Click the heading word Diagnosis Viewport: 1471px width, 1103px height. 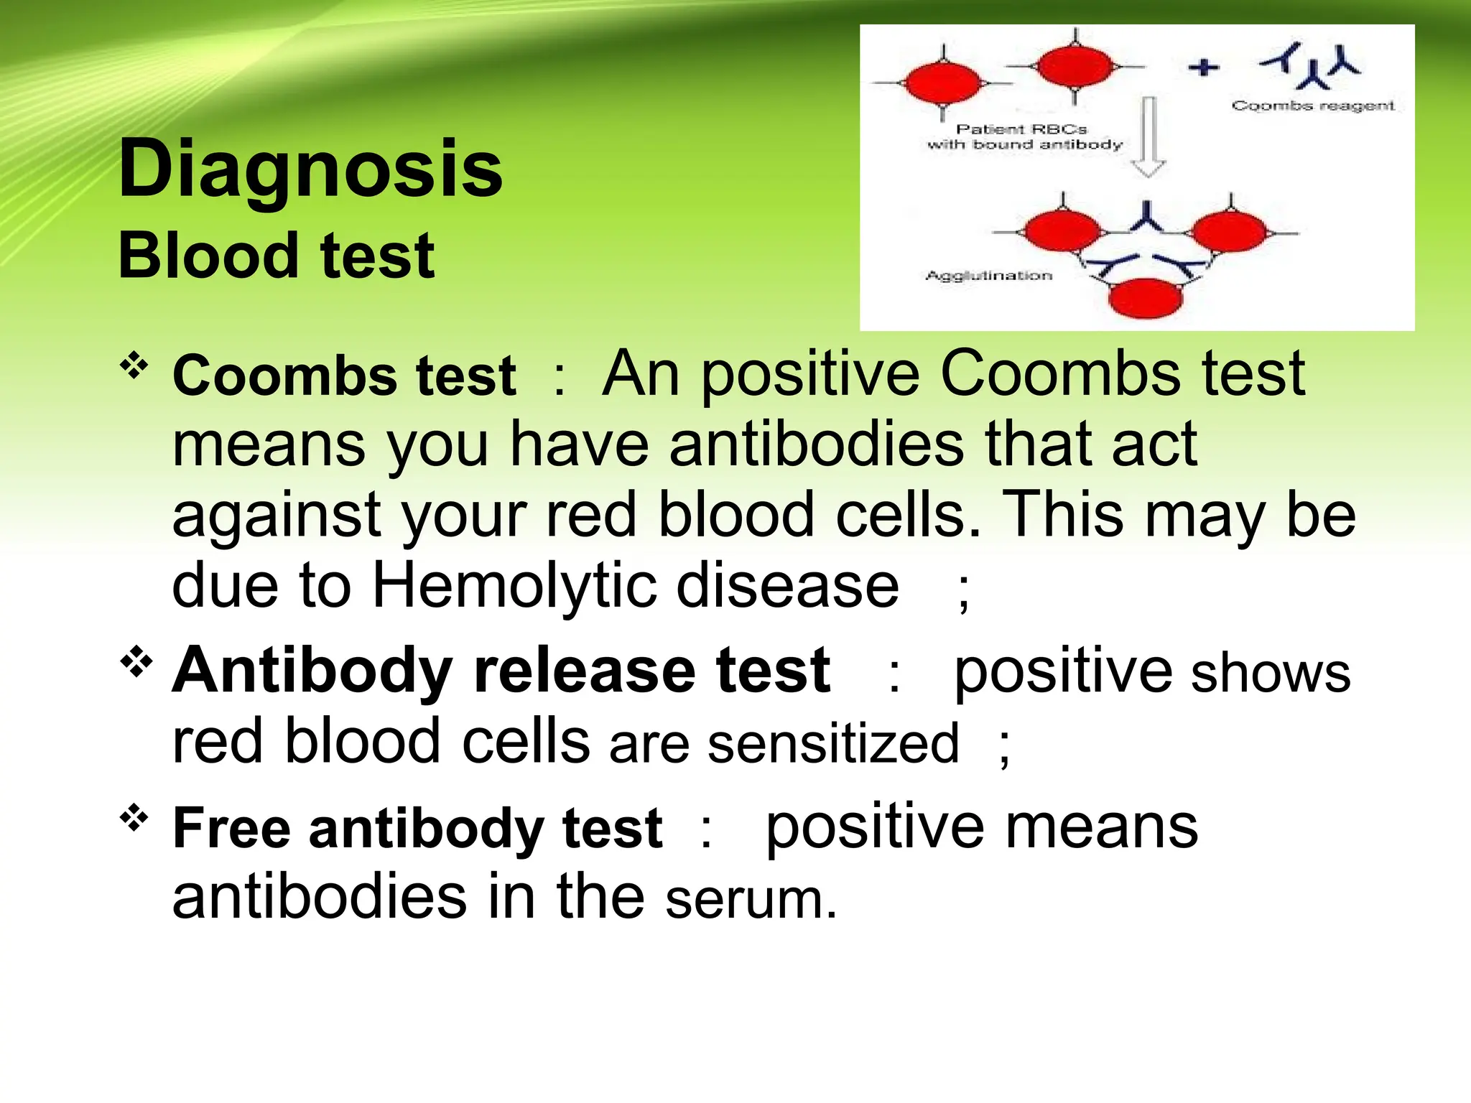click(310, 169)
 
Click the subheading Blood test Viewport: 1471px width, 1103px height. click(276, 256)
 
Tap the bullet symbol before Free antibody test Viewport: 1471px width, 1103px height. click(134, 817)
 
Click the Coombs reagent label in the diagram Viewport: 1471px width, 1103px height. click(1313, 106)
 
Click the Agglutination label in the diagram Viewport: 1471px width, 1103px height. click(988, 276)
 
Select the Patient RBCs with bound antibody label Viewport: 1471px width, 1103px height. click(1024, 136)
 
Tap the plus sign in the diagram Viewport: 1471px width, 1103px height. click(1204, 68)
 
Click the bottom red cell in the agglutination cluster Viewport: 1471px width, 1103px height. click(1145, 298)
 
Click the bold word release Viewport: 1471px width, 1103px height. click(584, 671)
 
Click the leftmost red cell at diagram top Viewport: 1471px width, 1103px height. click(942, 83)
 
